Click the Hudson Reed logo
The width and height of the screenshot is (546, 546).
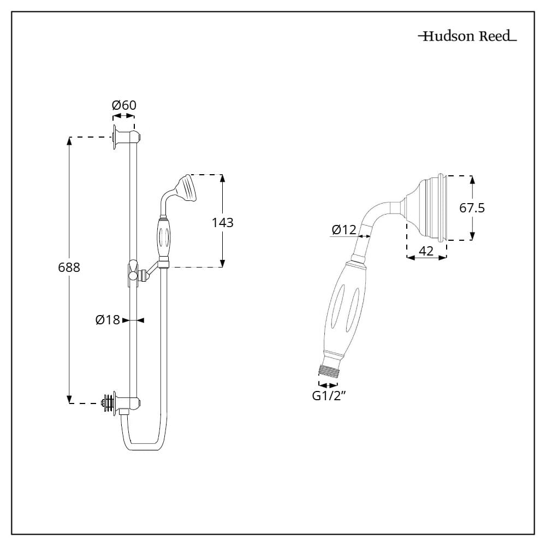[467, 37]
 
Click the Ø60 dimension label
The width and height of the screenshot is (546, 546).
[124, 105]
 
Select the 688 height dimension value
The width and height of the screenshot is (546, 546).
[69, 268]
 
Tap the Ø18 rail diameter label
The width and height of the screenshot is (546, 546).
[108, 321]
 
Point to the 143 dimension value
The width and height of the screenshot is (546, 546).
[223, 222]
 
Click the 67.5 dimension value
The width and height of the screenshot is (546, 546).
[472, 208]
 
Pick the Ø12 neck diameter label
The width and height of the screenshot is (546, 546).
[343, 230]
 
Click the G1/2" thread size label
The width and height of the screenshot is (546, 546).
[330, 396]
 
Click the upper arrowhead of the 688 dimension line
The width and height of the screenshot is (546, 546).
[69, 140]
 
